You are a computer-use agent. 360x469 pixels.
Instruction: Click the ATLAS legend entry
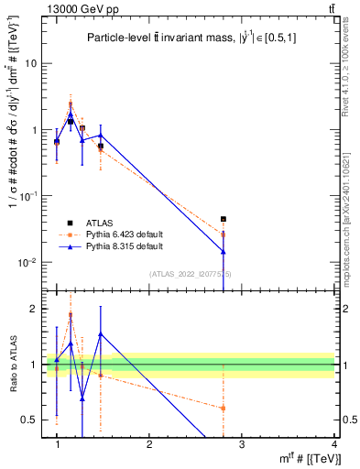(100, 223)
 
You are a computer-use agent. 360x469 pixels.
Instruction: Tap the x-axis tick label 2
(149, 443)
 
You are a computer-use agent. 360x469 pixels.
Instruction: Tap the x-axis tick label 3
(242, 443)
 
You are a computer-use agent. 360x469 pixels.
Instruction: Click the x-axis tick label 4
(333, 443)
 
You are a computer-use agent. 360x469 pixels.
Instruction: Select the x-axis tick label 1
(58, 443)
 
